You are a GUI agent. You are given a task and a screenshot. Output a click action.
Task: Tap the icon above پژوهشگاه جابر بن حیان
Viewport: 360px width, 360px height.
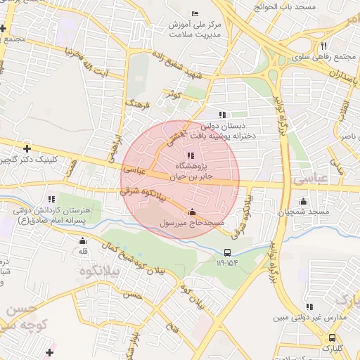pos(190,155)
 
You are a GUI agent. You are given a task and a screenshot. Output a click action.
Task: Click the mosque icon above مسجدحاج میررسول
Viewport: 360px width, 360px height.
pos(193,212)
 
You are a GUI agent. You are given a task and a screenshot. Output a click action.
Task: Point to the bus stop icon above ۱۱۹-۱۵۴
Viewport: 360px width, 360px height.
pos(227,252)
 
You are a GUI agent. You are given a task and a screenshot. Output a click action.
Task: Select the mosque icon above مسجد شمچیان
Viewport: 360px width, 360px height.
pos(303,201)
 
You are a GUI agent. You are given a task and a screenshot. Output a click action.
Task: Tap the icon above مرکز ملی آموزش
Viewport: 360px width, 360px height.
pos(195,13)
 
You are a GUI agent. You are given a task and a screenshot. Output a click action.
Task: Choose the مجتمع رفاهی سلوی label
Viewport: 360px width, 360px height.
pos(322,57)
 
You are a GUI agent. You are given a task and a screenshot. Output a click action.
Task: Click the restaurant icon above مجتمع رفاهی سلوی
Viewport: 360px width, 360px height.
pos(323,46)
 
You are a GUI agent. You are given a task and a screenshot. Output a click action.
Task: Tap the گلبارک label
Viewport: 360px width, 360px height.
pos(333,347)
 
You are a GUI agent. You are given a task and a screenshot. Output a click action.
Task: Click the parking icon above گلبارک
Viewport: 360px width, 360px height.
pos(333,336)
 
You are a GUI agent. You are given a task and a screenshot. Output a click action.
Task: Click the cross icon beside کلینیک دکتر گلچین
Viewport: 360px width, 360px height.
pos(27,148)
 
